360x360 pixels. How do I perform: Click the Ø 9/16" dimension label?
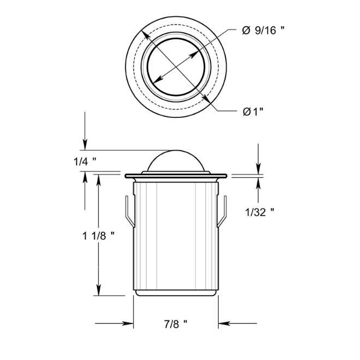(x=263, y=31)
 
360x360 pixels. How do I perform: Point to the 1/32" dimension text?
(x=260, y=212)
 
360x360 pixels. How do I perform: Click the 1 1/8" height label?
(x=98, y=236)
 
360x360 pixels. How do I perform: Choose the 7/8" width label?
(x=176, y=323)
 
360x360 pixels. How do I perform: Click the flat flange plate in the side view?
(x=176, y=176)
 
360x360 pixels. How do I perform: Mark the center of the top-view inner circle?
(x=176, y=63)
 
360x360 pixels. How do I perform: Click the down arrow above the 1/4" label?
(x=85, y=143)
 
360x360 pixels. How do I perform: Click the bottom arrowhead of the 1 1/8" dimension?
(x=99, y=290)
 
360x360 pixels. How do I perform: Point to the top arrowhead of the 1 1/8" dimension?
(x=99, y=180)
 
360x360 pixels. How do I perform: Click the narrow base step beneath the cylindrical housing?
(x=176, y=293)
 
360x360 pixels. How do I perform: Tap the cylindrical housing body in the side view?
(x=176, y=235)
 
